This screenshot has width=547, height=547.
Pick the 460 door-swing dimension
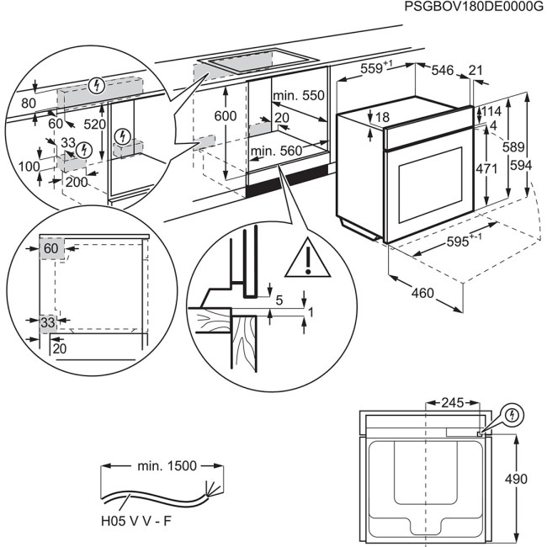pyautogui.click(x=422, y=294)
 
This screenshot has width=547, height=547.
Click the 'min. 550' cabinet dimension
pyautogui.click(x=300, y=96)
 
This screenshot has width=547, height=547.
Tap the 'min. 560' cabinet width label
pyautogui.click(x=275, y=151)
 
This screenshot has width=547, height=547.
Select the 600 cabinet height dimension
pyautogui.click(x=225, y=116)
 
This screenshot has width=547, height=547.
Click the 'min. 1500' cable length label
pyautogui.click(x=166, y=465)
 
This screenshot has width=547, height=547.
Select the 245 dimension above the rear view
pyautogui.click(x=455, y=403)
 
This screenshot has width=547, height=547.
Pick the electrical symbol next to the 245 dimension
pyautogui.click(x=512, y=414)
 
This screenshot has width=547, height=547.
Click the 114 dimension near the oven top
pyautogui.click(x=492, y=112)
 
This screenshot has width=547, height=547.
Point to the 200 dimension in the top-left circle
pyautogui.click(x=76, y=182)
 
